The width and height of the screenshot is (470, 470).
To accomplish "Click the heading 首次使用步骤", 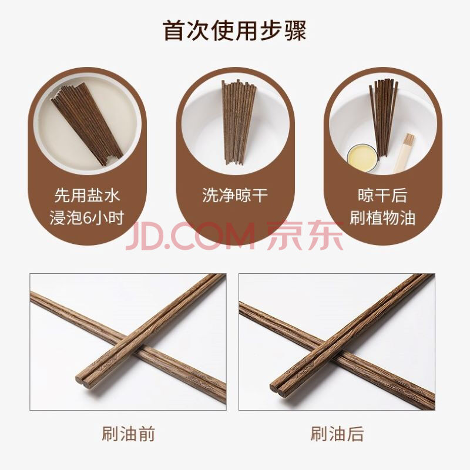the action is click(234, 31).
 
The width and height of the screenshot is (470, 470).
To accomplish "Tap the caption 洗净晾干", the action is click(234, 195).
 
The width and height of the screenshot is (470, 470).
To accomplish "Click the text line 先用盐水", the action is click(87, 195).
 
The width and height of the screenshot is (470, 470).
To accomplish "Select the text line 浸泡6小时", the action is click(87, 217).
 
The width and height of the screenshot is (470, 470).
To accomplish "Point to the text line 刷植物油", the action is click(382, 217).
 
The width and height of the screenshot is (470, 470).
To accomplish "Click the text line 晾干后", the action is click(382, 195).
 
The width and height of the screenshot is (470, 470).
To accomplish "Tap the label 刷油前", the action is click(128, 434).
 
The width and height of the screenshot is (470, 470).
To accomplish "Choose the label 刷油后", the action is click(337, 434).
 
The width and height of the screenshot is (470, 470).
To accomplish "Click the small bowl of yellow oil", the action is click(362, 157).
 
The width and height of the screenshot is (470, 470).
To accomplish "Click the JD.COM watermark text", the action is click(190, 237).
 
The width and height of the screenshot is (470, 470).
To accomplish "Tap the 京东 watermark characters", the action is click(305, 236).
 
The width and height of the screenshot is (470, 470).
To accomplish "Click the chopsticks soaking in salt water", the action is click(87, 123).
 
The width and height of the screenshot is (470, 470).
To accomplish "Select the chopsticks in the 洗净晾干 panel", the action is click(239, 122).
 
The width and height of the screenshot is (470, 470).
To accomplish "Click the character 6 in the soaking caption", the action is click(87, 218).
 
